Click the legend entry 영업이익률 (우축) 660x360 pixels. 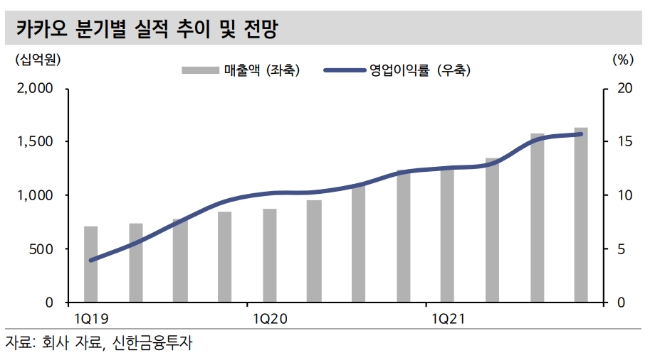(x=398, y=70)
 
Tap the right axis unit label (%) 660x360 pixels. (x=621, y=60)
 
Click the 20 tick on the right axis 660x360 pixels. (x=625, y=88)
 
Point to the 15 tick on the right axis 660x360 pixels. (x=625, y=141)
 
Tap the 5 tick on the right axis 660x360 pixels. (x=622, y=248)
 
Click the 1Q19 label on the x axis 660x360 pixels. (x=91, y=318)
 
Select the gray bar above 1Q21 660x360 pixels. (x=448, y=235)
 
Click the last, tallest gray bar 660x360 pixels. (x=581, y=215)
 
